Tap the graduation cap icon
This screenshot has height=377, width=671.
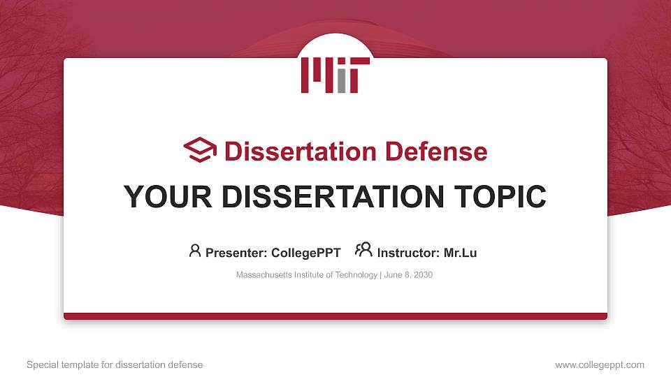200,150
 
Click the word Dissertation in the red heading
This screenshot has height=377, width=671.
290,151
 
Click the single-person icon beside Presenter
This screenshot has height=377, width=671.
195,251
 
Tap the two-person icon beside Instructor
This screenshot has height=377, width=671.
363,250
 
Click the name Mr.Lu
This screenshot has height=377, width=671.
460,253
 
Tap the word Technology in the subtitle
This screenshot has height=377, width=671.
356,275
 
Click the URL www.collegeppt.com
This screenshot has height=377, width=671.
600,364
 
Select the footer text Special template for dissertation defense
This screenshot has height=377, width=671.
115,364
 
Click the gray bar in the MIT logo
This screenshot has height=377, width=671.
341,81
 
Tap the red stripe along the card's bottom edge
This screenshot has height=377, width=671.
335,316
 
